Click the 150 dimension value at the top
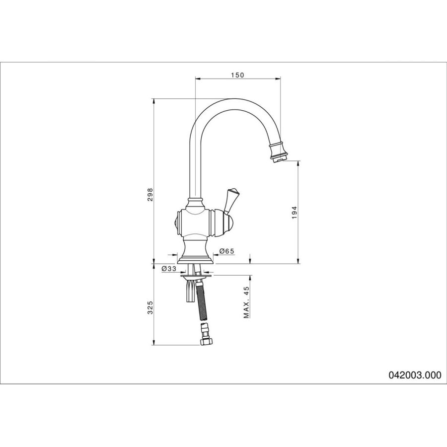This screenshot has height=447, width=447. [237, 75]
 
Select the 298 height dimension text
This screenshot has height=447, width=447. [150, 195]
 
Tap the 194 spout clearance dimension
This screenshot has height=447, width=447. [295, 213]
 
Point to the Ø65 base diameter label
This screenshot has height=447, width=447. [226, 251]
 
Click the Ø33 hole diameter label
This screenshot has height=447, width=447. [169, 269]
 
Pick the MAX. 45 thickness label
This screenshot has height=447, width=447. [246, 302]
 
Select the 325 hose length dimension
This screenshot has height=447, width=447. [150, 307]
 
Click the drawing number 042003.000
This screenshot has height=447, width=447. [415, 375]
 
